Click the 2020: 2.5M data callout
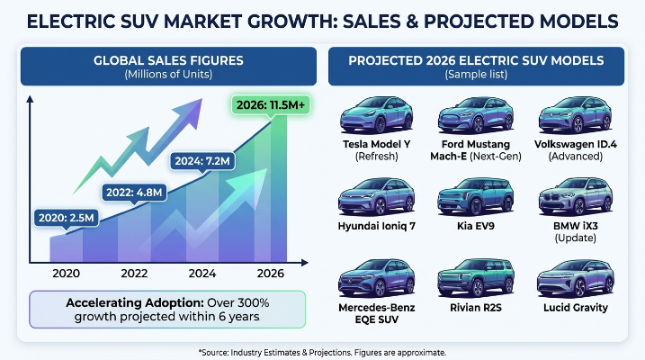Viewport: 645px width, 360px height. click(67, 218)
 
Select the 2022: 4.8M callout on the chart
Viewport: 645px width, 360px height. click(134, 192)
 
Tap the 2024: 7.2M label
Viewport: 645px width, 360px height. click(202, 160)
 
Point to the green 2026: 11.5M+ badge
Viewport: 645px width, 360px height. click(271, 105)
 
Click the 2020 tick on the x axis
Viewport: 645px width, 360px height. click(67, 274)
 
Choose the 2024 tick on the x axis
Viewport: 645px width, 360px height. click(202, 274)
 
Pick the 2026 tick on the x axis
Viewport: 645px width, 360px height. click(270, 274)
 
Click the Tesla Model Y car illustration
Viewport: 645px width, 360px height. click(376, 115)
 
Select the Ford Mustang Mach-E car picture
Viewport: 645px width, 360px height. click(476, 115)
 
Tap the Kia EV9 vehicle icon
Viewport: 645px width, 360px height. click(476, 196)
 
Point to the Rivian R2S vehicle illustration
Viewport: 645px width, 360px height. click(476, 278)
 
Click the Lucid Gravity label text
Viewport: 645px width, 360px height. click(576, 308)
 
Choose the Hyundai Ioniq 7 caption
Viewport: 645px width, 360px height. click(376, 226)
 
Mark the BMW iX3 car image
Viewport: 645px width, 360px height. click(576, 196)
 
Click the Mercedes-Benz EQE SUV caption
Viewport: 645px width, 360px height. click(376, 313)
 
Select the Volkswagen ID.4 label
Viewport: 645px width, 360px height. click(576, 144)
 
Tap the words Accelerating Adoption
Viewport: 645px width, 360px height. click(135, 302)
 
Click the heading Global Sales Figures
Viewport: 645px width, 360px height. click(168, 60)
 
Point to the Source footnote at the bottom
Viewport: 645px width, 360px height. click(322, 353)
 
